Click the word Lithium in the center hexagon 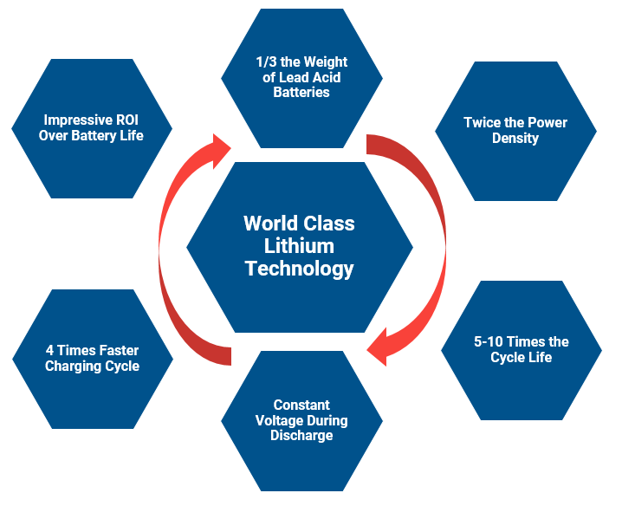click(x=299, y=246)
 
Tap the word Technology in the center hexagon click(x=299, y=269)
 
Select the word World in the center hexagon click(x=269, y=224)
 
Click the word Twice click(x=483, y=122)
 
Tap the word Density click(x=515, y=138)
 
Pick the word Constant click(x=301, y=405)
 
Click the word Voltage click(x=277, y=420)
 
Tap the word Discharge click(x=301, y=436)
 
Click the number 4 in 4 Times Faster click(x=49, y=351)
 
